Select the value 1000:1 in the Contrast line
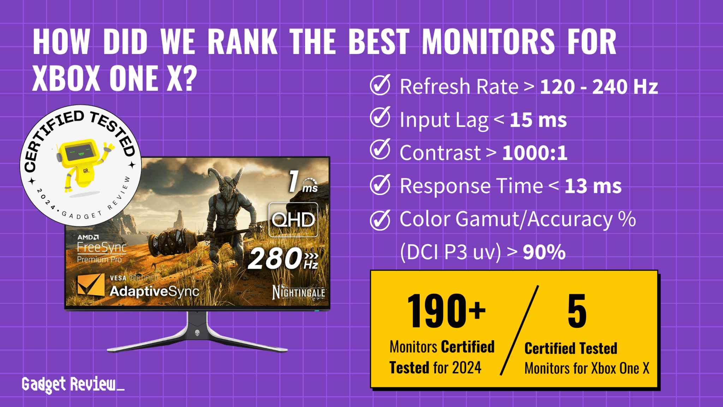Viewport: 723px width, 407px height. point(534,153)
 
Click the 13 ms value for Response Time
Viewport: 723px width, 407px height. point(593,186)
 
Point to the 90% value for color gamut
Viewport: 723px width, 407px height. point(544,252)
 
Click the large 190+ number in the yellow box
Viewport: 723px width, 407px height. point(446,311)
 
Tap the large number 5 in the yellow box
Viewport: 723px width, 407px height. point(577,311)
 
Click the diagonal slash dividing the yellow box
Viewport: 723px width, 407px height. point(519,330)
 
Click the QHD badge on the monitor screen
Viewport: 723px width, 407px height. point(293,220)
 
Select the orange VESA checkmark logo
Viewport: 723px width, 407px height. point(91,285)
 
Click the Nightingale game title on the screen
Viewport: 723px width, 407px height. point(299,292)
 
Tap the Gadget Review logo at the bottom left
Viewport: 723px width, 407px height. point(72,384)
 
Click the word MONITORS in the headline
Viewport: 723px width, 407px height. point(488,42)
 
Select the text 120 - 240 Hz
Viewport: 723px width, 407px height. point(599,87)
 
